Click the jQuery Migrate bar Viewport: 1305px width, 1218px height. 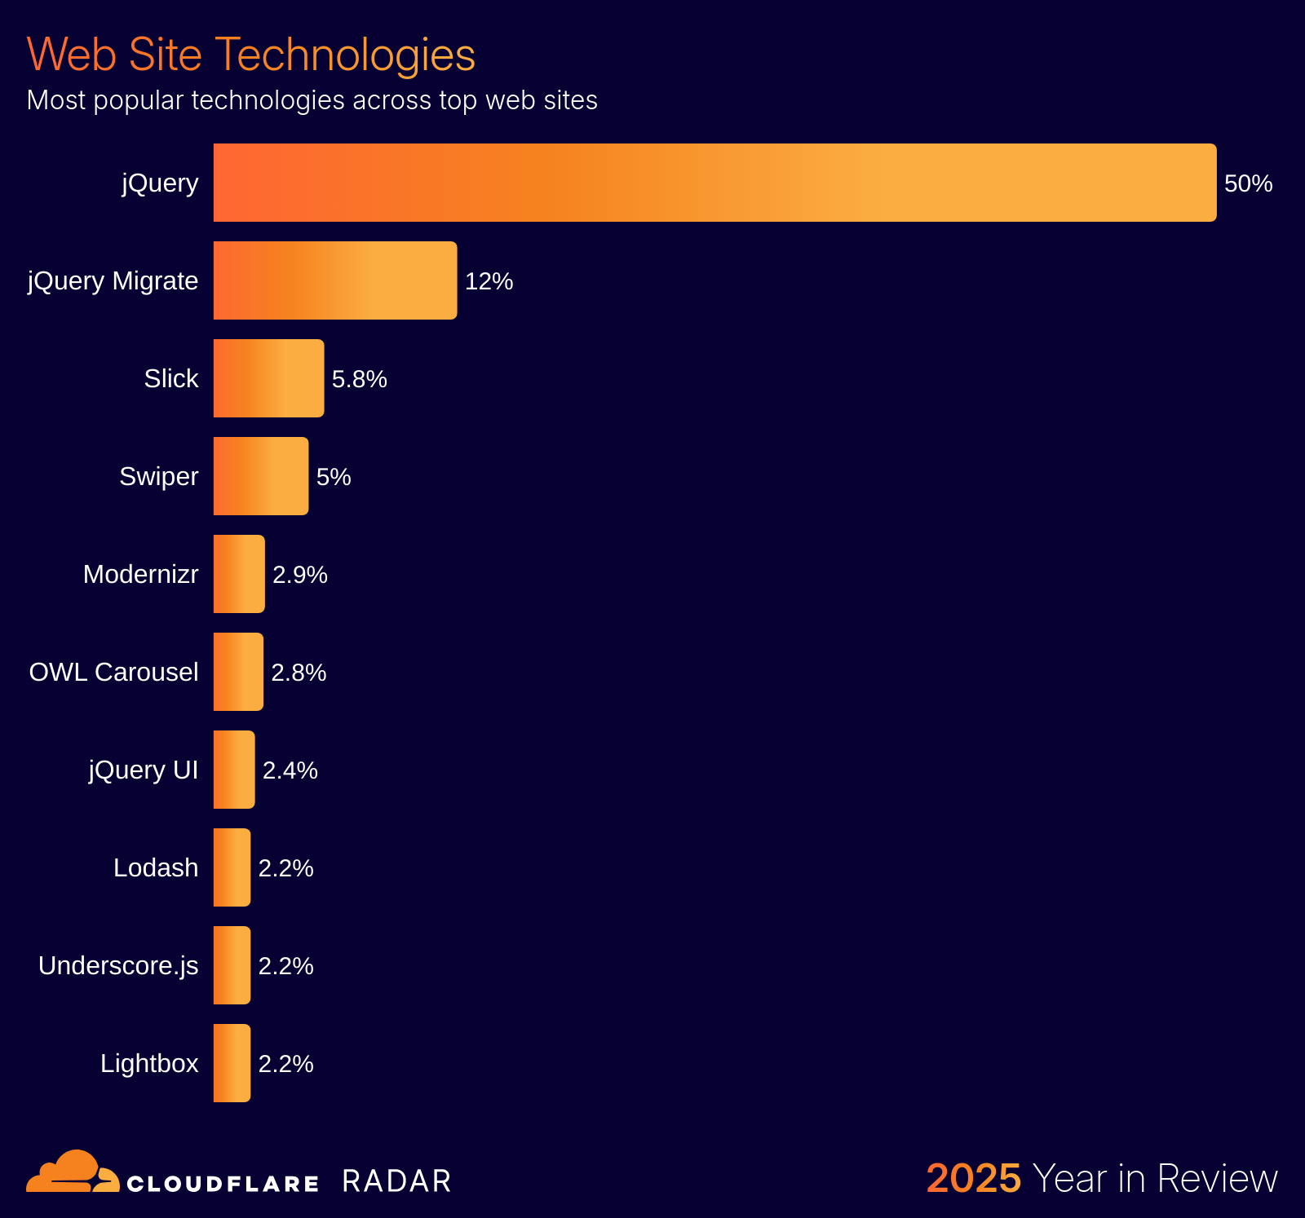click(x=334, y=280)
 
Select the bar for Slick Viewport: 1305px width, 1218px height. click(x=268, y=378)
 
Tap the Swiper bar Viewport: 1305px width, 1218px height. click(x=261, y=476)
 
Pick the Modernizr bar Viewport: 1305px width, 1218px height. click(x=239, y=574)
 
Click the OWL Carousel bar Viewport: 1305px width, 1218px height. click(x=238, y=672)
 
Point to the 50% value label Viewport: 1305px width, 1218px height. click(x=1248, y=183)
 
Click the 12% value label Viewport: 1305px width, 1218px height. click(x=489, y=281)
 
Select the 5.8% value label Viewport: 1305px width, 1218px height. click(x=359, y=379)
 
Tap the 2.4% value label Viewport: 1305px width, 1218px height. click(x=290, y=770)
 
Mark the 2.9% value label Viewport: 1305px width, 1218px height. click(x=299, y=575)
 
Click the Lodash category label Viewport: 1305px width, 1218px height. click(x=156, y=867)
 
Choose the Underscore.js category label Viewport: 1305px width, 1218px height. click(x=118, y=965)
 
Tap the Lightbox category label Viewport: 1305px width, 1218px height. click(x=149, y=1063)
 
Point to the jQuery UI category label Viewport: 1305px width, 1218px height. click(x=144, y=770)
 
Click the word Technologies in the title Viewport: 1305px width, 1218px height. click(x=345, y=55)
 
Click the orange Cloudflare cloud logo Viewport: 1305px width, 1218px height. click(x=73, y=1172)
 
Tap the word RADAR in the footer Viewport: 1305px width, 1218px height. click(x=396, y=1181)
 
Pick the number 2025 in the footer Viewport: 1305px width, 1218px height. click(x=973, y=1179)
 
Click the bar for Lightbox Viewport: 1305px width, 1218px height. click(x=232, y=1063)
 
